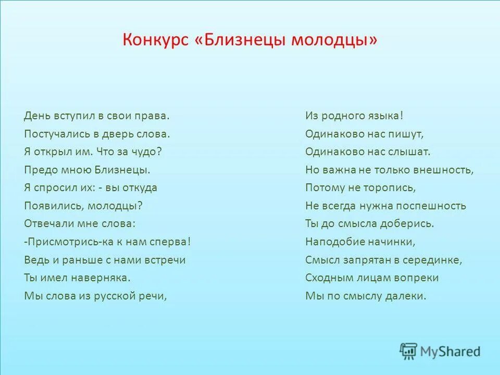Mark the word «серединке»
click(x=436, y=260)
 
